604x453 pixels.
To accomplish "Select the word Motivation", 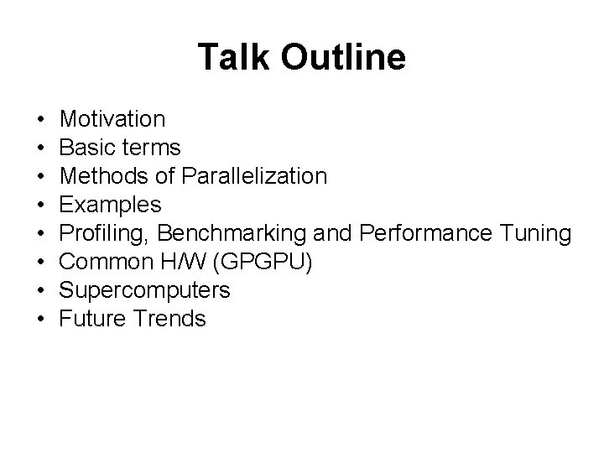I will [x=113, y=119].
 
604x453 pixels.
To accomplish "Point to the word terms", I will [x=152, y=148].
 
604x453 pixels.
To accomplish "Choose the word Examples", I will [x=111, y=205].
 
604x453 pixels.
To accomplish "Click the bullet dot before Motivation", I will [x=41, y=120].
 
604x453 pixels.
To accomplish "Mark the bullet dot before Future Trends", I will [x=41, y=320].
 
